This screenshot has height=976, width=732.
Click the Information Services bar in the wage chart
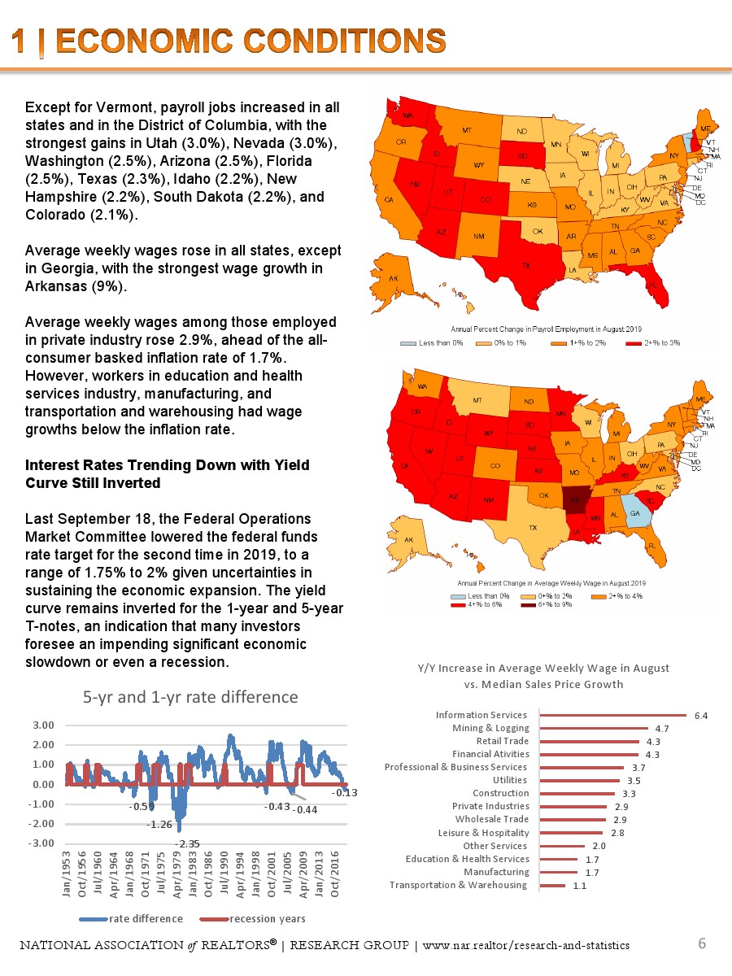614,716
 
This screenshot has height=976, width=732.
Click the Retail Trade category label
502,741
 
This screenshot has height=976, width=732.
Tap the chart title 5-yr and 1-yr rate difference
190,697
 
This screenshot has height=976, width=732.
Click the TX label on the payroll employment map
526,266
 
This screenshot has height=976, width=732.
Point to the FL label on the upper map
652,285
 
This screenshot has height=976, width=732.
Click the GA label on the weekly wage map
634,514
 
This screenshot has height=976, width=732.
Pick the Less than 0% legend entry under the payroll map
431,343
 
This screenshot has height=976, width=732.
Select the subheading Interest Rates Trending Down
167,464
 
